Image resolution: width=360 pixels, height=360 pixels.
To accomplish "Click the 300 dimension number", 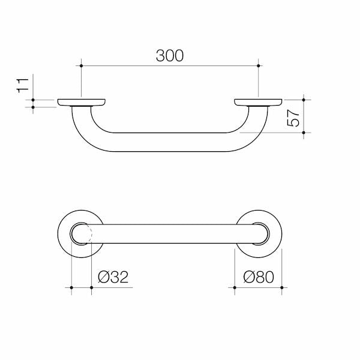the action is (x=170, y=56).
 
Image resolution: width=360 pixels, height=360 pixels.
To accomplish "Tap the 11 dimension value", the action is (x=23, y=85).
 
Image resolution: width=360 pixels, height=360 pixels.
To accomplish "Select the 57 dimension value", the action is (x=293, y=118).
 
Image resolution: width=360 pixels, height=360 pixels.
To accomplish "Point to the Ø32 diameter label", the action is (x=113, y=277).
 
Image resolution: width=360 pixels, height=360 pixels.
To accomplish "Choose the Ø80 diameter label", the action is (x=259, y=277).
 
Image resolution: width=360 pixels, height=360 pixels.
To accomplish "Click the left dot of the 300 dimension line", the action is (x=81, y=66).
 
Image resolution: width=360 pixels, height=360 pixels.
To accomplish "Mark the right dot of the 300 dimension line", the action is (x=258, y=66).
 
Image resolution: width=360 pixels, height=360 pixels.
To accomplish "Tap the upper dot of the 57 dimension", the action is (x=304, y=100).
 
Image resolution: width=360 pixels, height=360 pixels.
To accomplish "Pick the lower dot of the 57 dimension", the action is (x=304, y=133).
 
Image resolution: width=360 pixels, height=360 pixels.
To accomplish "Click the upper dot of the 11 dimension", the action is (x=33, y=100).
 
